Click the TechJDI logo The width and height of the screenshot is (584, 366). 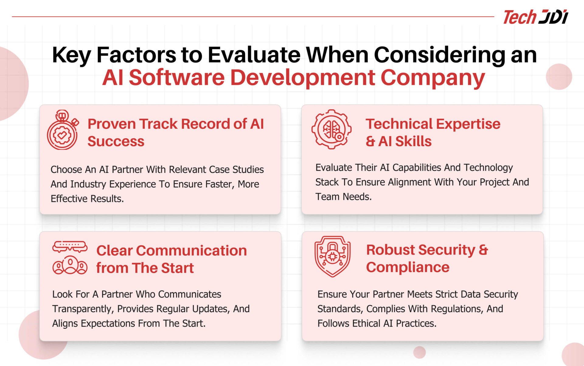click(x=535, y=17)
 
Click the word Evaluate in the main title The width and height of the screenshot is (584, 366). click(x=254, y=55)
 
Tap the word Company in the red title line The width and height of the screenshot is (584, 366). click(x=433, y=78)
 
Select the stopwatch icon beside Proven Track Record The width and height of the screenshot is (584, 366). click(x=63, y=130)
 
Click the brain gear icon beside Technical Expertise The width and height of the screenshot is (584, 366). click(x=332, y=129)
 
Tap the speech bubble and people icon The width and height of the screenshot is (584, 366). click(x=70, y=258)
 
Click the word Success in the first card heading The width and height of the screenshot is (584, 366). click(x=116, y=142)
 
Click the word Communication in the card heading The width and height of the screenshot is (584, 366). click(x=192, y=251)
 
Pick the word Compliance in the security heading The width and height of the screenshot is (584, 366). click(x=408, y=268)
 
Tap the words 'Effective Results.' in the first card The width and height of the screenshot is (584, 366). click(x=87, y=199)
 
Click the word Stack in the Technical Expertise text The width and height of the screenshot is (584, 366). click(x=327, y=182)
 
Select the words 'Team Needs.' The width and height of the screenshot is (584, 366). click(x=343, y=197)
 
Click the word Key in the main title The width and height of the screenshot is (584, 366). click(x=71, y=56)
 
